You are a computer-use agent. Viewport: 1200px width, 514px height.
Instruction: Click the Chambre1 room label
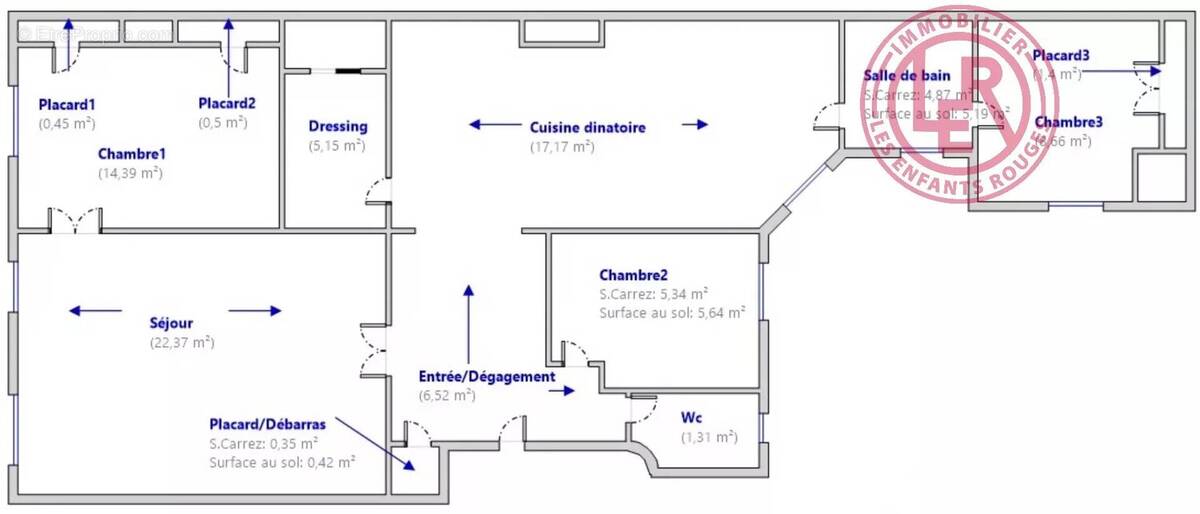click(131, 154)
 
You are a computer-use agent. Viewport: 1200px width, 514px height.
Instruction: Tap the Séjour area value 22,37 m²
click(181, 342)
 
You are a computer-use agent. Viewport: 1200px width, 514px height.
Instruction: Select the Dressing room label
click(337, 127)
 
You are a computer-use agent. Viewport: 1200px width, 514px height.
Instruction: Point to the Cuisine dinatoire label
click(587, 127)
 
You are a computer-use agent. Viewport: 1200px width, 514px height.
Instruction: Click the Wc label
click(692, 417)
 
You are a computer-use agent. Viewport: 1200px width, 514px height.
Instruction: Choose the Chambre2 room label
click(633, 275)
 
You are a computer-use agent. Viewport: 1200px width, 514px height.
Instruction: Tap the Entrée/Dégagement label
click(486, 377)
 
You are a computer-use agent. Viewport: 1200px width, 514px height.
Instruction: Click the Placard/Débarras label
click(267, 424)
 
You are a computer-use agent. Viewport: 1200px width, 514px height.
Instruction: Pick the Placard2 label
click(227, 103)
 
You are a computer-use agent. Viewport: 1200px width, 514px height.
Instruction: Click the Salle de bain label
click(906, 76)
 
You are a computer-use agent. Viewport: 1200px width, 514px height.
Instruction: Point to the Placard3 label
click(1061, 55)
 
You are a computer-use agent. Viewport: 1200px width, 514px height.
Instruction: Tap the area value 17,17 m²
click(562, 146)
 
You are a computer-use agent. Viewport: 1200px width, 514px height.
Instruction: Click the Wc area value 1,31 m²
click(708, 437)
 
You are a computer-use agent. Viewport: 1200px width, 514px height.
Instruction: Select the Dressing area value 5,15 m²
click(337, 146)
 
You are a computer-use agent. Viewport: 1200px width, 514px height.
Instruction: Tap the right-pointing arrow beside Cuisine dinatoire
click(695, 125)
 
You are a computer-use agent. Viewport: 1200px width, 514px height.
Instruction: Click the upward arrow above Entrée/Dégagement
click(468, 310)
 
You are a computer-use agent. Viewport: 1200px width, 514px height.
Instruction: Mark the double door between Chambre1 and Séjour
click(76, 219)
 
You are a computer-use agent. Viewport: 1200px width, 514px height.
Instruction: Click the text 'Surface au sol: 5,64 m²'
click(672, 313)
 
